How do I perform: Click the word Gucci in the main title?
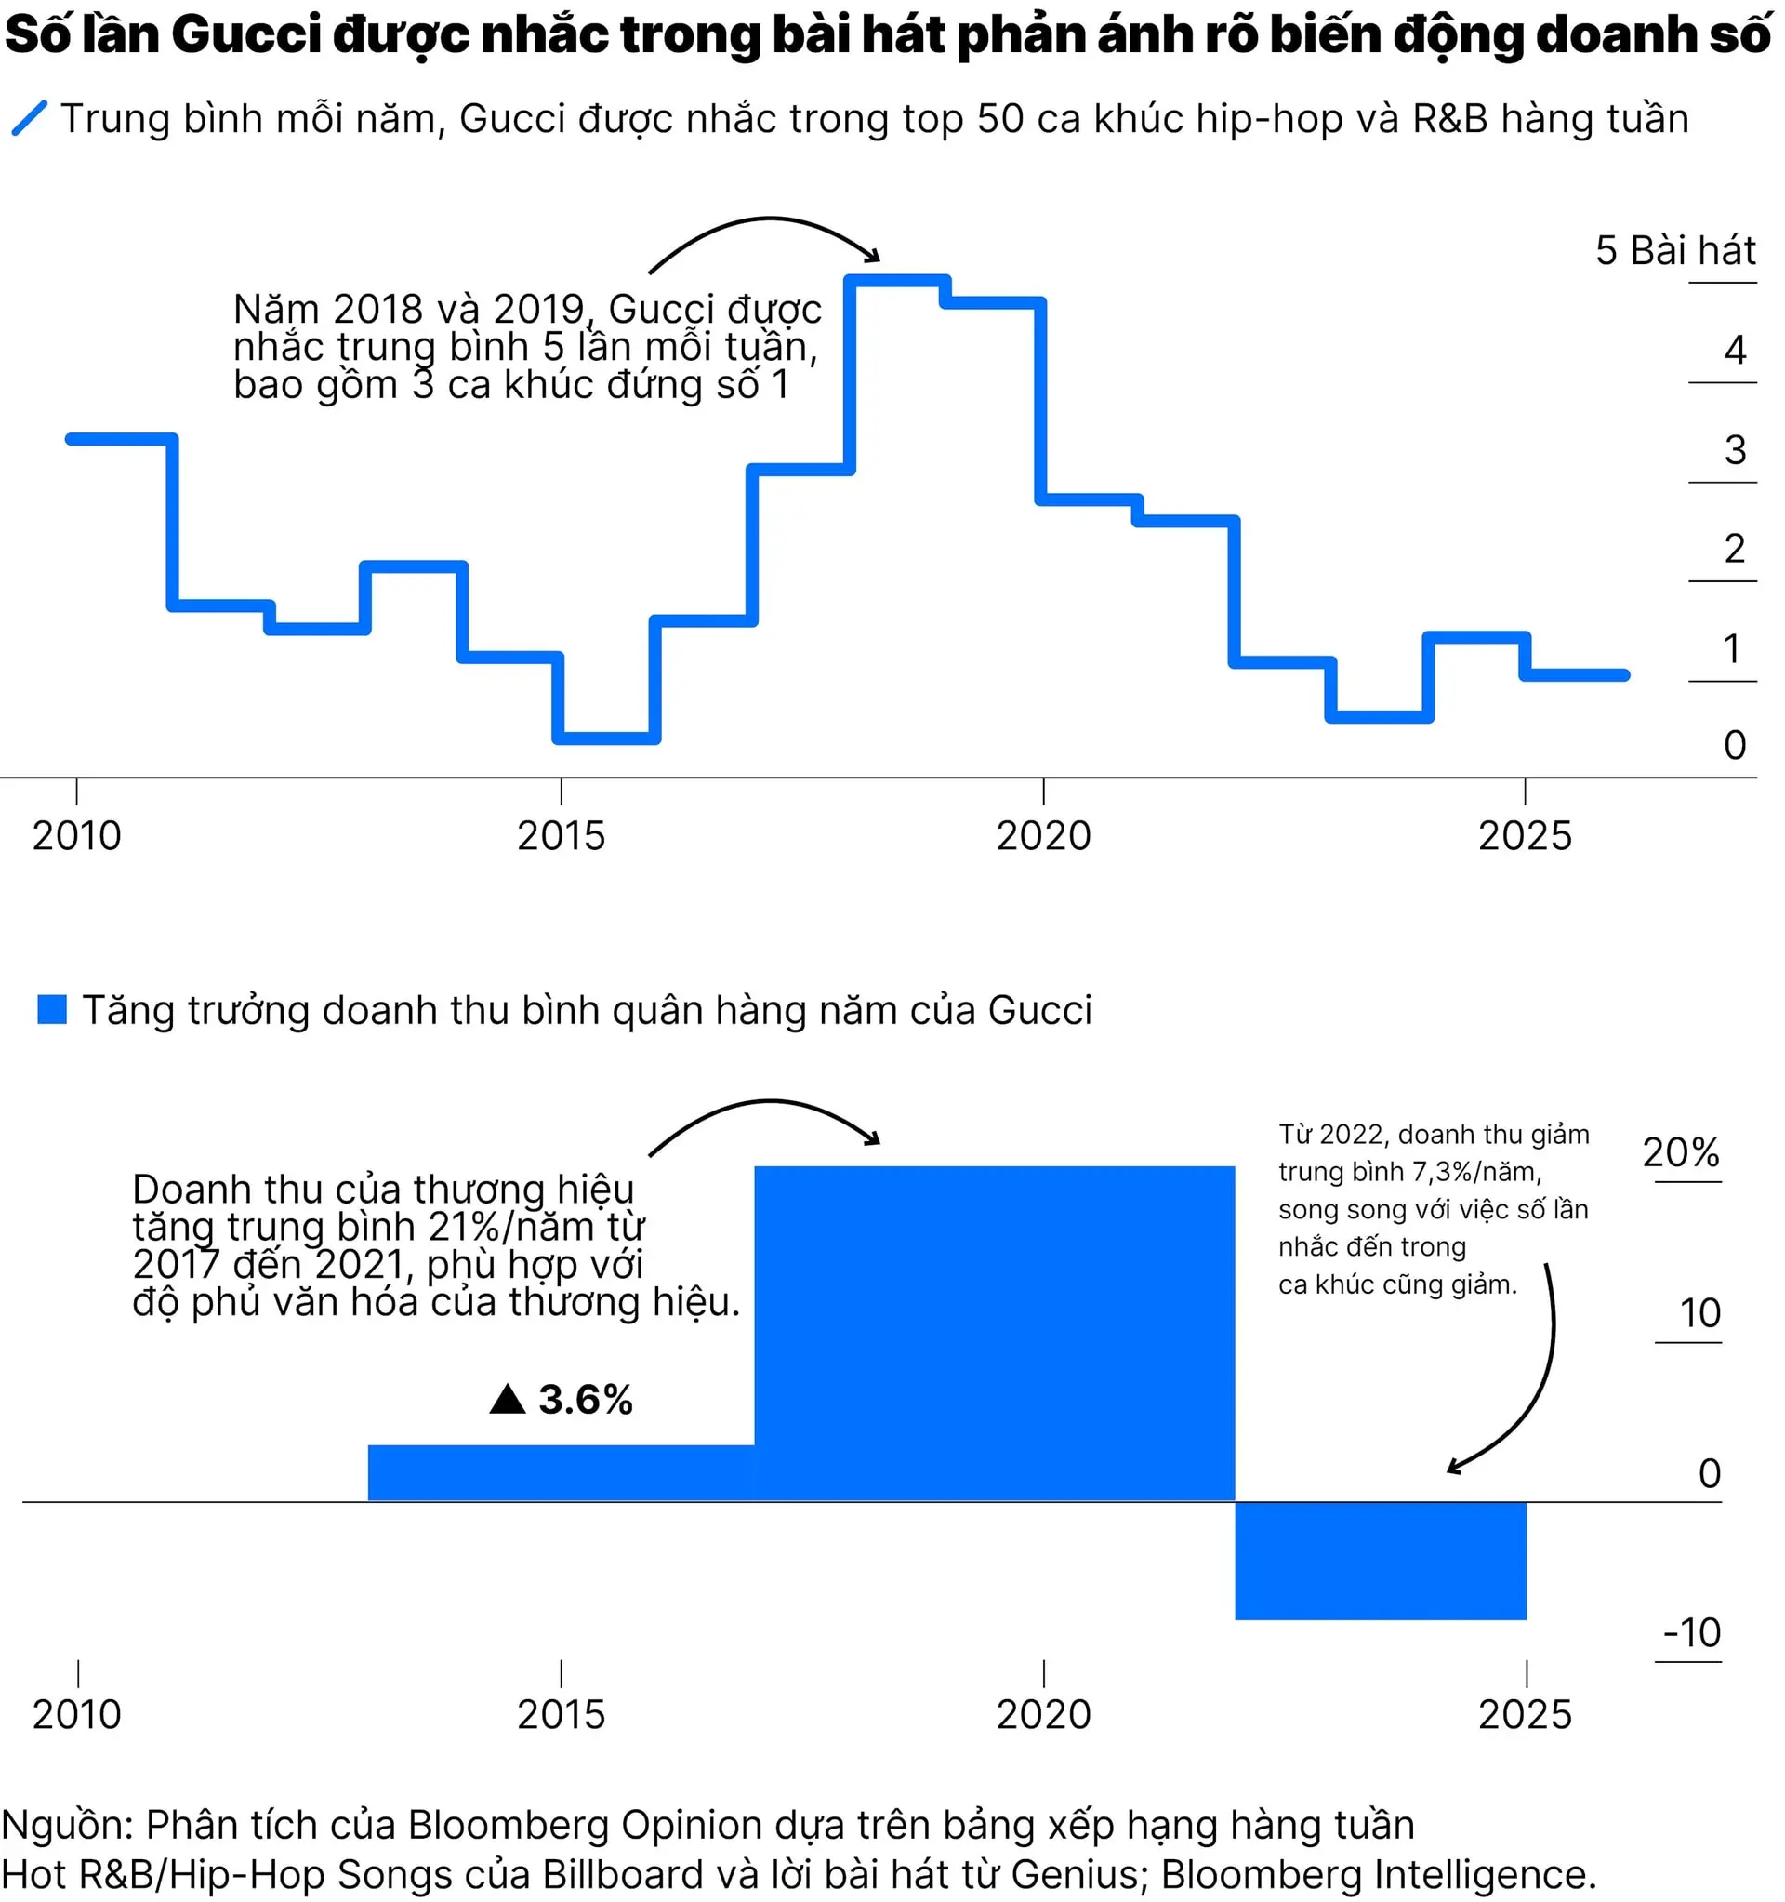point(245,35)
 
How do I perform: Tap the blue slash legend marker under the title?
point(29,119)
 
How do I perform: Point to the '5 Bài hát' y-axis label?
point(1674,251)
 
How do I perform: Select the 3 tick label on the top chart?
point(1734,449)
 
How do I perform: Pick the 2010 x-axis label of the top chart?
point(76,836)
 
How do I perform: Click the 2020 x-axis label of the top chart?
point(1043,836)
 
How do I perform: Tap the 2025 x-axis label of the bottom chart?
point(1525,1714)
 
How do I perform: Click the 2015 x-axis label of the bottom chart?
point(561,1714)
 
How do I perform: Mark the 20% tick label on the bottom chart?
point(1681,1153)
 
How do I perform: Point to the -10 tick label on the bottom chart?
point(1691,1633)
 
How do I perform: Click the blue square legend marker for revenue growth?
point(52,1010)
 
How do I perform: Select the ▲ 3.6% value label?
point(562,1400)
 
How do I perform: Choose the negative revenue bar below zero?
point(1380,1561)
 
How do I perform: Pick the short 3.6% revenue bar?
point(562,1472)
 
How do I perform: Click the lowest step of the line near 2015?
point(606,738)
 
